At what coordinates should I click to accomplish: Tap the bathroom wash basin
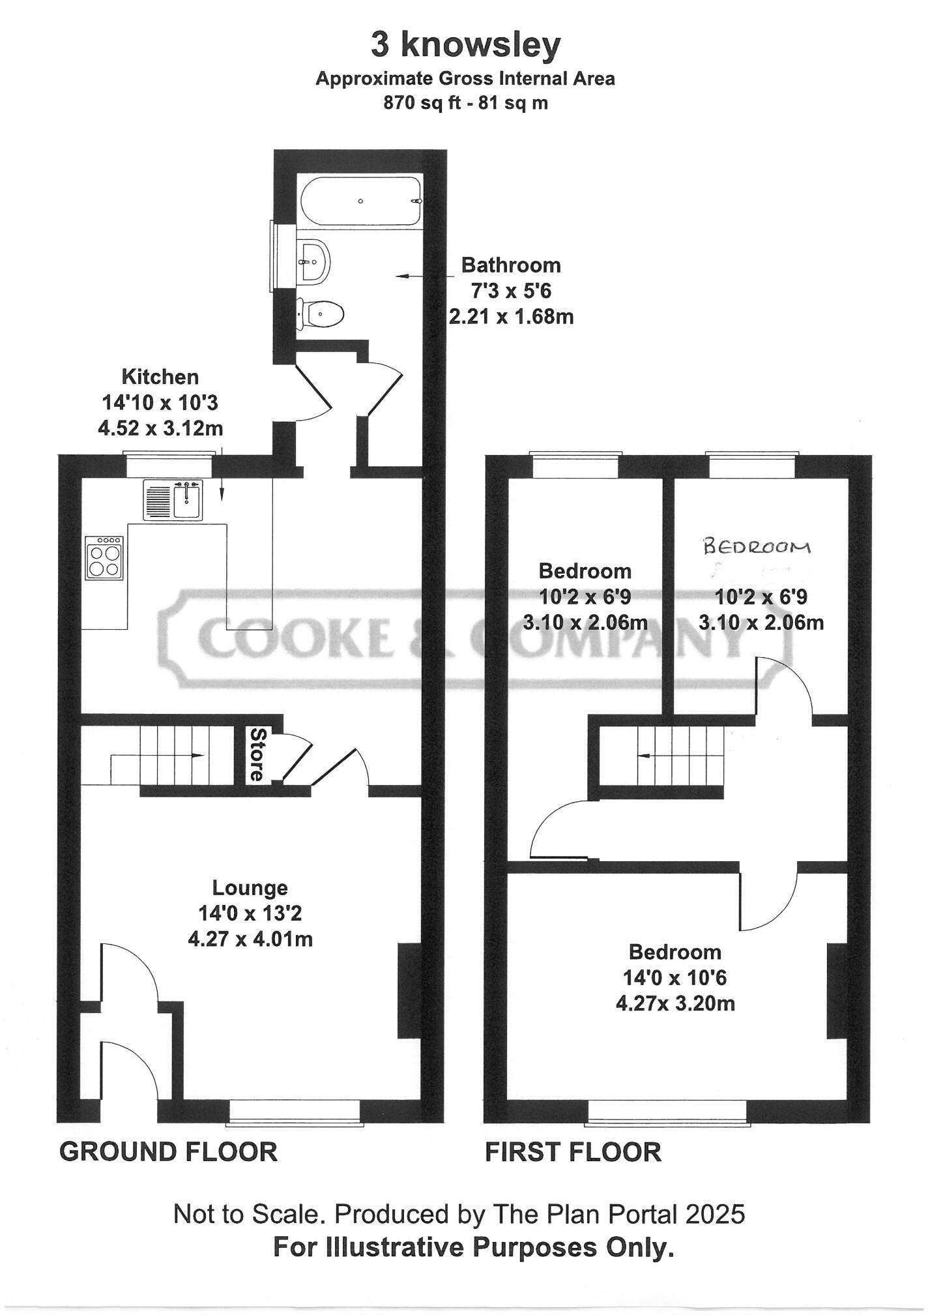(x=315, y=261)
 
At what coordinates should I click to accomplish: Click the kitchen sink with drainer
(x=173, y=501)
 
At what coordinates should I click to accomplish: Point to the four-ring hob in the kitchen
(x=104, y=557)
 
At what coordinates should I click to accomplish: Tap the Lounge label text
(x=250, y=887)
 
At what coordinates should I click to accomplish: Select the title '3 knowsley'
(x=465, y=46)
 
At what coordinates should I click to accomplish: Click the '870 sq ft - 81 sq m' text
(x=465, y=103)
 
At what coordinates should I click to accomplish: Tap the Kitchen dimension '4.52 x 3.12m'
(x=160, y=428)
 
